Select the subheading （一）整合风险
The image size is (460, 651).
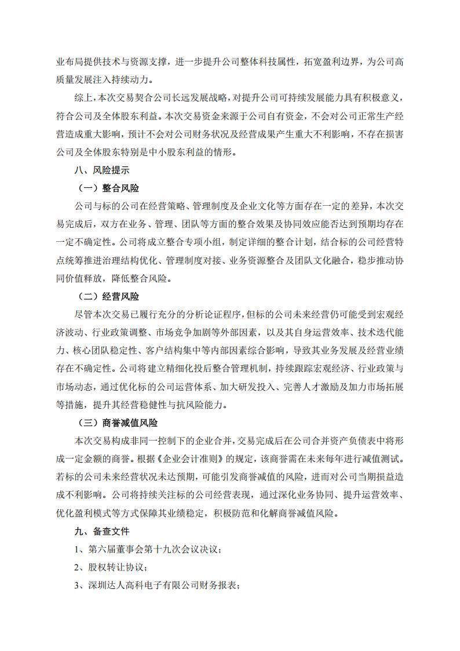tap(109, 189)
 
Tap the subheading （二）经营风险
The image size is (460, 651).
tap(109, 296)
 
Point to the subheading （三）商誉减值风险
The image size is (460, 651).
tap(118, 423)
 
